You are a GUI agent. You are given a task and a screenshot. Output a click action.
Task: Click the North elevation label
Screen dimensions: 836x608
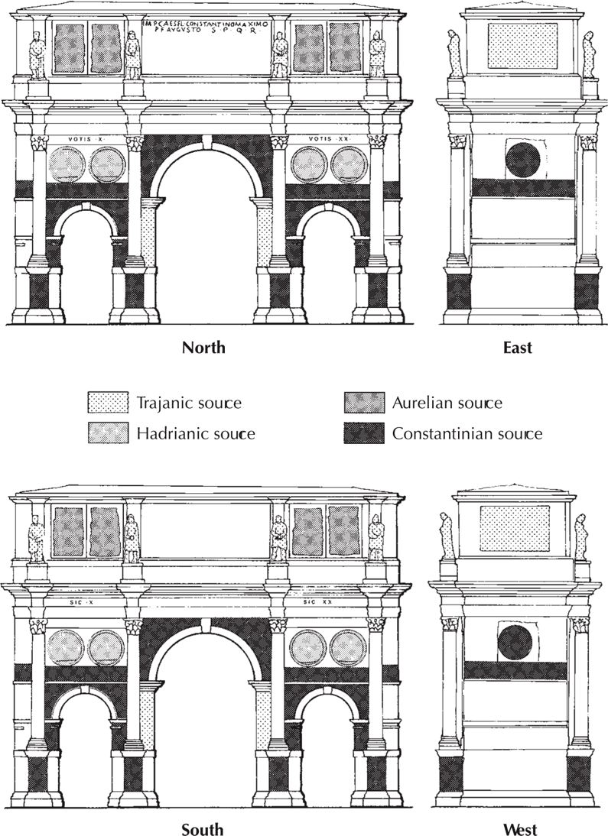click(203, 348)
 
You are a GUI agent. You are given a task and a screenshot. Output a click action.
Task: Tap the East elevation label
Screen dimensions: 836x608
click(518, 348)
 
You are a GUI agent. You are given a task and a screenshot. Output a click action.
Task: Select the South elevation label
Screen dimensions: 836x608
click(203, 828)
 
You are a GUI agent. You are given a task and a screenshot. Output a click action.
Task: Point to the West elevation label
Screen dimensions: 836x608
click(520, 828)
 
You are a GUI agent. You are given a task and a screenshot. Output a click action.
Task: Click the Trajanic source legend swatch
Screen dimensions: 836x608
click(109, 403)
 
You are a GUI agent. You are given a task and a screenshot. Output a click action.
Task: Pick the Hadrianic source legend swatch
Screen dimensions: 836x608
click(109, 434)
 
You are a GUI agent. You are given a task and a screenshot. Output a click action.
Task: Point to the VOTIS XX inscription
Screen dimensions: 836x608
click(330, 138)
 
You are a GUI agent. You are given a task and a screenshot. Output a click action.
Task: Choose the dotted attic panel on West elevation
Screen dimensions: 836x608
click(515, 527)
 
